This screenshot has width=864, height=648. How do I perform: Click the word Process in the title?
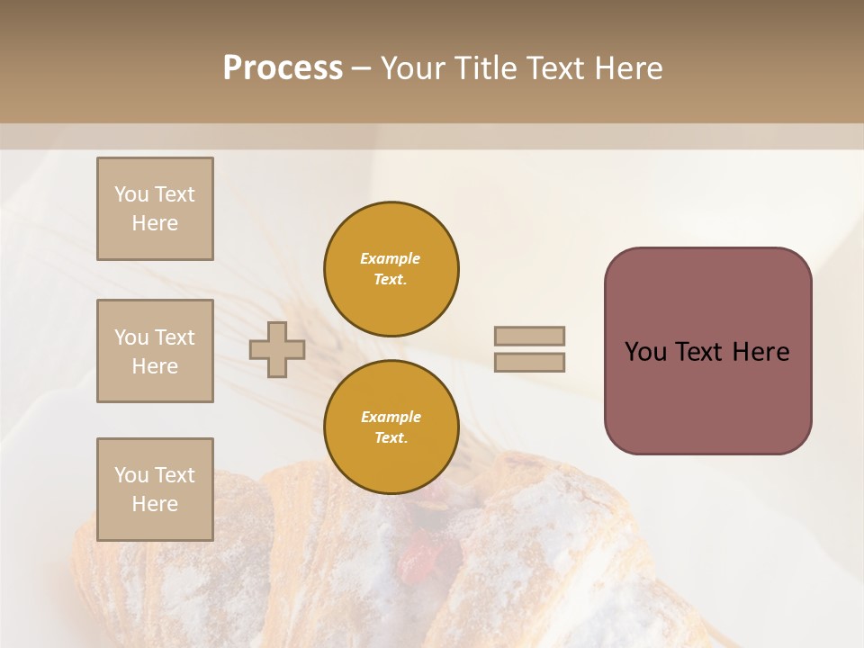click(283, 68)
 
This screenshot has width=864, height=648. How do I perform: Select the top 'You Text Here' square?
click(155, 209)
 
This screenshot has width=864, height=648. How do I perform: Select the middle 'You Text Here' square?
click(155, 351)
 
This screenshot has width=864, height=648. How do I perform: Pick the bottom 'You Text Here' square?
click(155, 489)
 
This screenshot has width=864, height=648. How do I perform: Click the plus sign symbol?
click(277, 349)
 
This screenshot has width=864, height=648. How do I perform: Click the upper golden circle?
click(391, 269)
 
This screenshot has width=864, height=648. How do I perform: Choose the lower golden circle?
click(391, 427)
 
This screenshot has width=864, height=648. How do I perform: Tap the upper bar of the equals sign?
click(529, 336)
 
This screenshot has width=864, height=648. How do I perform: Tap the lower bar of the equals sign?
click(529, 362)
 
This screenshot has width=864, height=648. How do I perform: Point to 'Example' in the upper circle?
click(390, 258)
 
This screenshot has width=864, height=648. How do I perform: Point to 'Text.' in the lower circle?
click(391, 437)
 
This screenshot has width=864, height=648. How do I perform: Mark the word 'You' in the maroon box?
click(646, 352)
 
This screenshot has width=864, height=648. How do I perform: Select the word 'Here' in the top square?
click(155, 223)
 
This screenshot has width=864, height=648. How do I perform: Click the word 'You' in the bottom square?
click(131, 475)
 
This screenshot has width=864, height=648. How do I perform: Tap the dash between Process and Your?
click(361, 68)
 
